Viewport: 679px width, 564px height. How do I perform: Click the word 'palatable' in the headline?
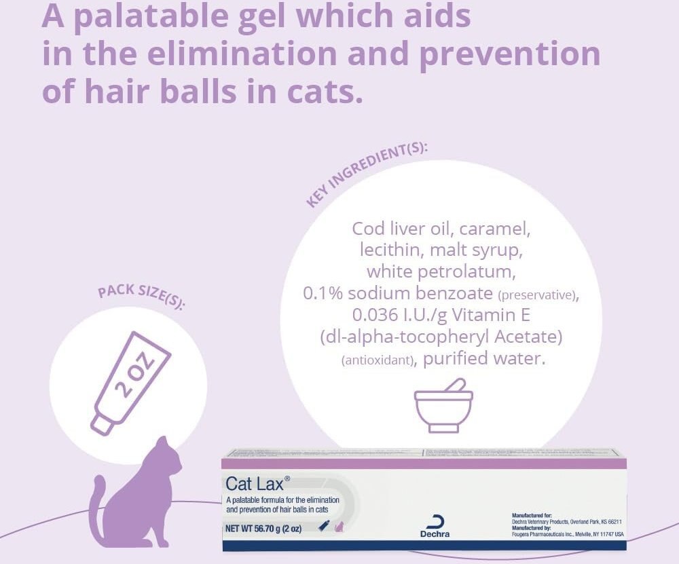[147, 16]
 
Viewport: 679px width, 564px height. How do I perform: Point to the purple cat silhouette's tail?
[96, 502]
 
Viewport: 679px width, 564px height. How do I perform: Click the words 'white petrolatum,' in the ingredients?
[442, 271]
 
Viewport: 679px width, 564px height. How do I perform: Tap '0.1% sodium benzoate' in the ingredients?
[398, 293]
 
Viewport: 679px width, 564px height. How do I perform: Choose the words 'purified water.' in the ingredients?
[484, 358]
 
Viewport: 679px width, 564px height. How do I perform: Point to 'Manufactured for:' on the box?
[532, 516]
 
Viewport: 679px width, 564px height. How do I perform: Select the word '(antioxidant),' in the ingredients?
[378, 360]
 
